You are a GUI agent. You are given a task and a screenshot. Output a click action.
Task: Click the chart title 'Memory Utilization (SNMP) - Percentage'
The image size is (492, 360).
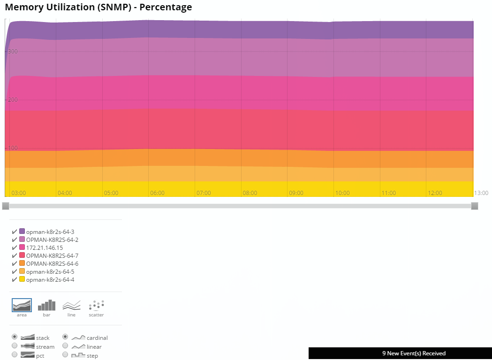pos(98,7)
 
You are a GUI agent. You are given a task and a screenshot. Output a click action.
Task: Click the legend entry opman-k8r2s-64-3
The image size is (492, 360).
pos(50,232)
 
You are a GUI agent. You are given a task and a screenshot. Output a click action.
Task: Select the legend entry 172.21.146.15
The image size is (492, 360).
pos(44,247)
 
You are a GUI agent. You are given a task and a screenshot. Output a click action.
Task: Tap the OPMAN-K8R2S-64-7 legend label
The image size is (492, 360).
pos(52,255)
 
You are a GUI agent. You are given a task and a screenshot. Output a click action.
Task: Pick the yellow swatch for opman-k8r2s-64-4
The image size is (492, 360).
pos(22,279)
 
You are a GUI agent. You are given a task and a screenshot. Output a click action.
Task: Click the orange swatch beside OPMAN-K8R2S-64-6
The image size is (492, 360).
pos(22,263)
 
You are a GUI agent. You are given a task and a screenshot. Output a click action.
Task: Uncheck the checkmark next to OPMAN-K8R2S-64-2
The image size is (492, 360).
pos(15,240)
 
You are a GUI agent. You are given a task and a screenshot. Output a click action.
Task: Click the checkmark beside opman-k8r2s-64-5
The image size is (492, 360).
pos(15,271)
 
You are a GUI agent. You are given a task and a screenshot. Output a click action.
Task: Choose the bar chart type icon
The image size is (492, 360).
pos(46,306)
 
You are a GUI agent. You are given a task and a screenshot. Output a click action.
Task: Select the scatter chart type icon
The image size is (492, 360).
pos(96,306)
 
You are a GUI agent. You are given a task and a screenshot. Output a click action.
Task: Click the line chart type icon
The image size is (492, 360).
pos(71,306)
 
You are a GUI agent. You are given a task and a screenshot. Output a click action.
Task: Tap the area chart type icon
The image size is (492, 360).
pos(22,306)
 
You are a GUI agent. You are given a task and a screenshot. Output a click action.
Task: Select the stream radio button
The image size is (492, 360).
pos(15,346)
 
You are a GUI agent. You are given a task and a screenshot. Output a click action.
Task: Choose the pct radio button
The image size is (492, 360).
pos(15,355)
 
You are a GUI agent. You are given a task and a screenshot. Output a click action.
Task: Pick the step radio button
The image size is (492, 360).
pos(65,355)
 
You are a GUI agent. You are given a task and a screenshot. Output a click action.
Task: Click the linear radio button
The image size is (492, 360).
pos(65,346)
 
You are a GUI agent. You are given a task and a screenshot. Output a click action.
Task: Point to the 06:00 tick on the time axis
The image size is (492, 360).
pos(157,193)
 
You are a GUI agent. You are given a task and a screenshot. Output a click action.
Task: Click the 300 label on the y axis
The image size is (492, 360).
pos(13,52)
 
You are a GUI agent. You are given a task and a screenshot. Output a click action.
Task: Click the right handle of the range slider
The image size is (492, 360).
pos(474,206)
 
